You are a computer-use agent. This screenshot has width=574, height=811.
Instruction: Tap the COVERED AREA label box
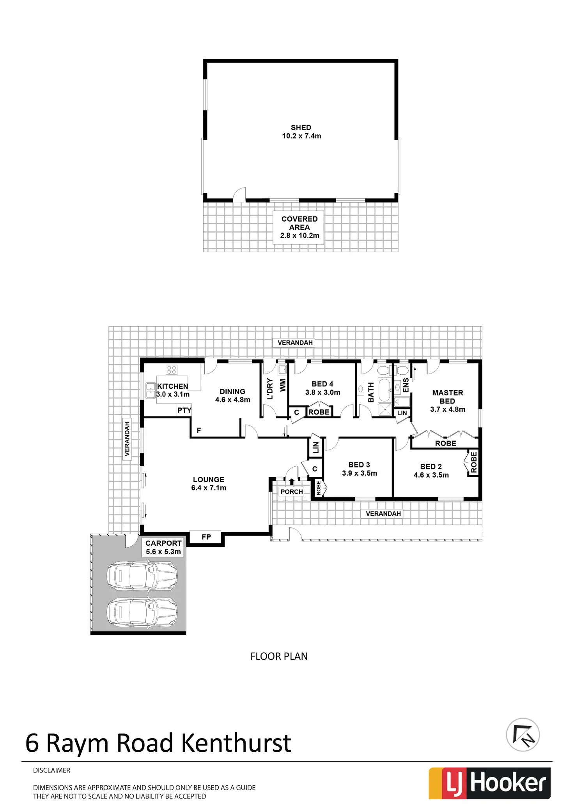pyautogui.click(x=299, y=227)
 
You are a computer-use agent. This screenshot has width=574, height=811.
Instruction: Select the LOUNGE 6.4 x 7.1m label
pyautogui.click(x=209, y=483)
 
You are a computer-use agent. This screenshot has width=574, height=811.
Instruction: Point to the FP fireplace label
pyautogui.click(x=206, y=537)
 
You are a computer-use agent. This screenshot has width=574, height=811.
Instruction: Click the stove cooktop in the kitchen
pyautogui.click(x=172, y=369)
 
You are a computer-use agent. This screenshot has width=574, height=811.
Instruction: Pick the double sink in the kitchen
pyautogui.click(x=150, y=390)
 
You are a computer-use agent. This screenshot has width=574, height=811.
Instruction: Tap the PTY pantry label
pyautogui.click(x=184, y=410)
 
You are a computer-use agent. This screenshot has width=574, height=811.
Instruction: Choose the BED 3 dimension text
pyautogui.click(x=359, y=473)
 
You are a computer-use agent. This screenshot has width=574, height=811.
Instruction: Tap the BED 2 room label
pyautogui.click(x=431, y=466)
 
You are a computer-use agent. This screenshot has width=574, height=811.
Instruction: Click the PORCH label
pyautogui.click(x=292, y=492)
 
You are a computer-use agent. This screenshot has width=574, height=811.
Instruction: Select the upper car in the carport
pyautogui.click(x=142, y=576)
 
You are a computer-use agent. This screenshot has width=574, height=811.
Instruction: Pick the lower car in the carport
pyautogui.click(x=142, y=612)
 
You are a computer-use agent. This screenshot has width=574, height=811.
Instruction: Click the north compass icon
pyautogui.click(x=523, y=735)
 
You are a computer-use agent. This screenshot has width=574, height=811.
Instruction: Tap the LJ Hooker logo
pyautogui.click(x=489, y=783)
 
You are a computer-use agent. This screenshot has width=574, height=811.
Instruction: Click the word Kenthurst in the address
pyautogui.click(x=236, y=743)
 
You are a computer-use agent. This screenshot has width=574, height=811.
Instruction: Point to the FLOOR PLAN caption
pyautogui.click(x=279, y=656)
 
